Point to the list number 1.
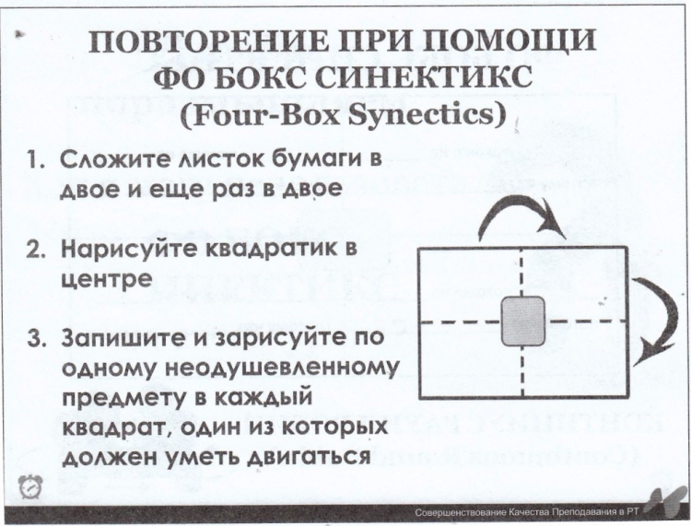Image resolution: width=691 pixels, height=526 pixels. tap(35, 159)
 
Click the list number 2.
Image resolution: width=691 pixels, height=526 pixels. tap(36, 250)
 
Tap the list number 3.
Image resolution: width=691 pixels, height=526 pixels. tap(36, 339)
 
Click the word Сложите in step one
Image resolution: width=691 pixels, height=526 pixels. tap(116, 159)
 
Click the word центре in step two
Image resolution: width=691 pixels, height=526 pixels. tap(107, 280)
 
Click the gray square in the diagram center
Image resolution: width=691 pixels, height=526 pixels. tap(523, 321)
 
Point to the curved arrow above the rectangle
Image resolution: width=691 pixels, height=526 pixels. tap(519, 204)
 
